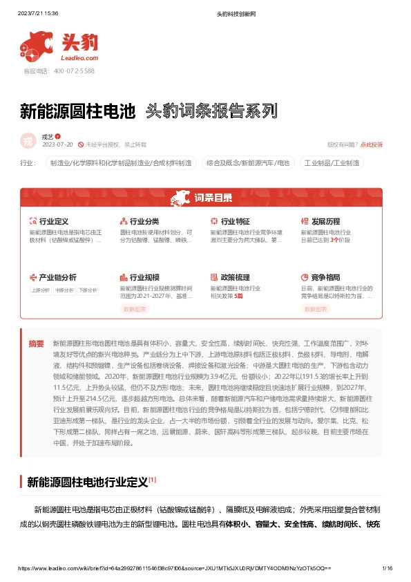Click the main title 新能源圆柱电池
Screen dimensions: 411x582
[77, 111]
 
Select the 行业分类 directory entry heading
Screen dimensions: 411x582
[144, 222]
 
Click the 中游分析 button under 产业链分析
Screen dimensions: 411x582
[64, 290]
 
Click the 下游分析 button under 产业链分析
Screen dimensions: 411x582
[87, 290]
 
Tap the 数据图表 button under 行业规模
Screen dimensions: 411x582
[135, 309]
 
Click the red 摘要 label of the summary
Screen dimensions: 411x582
[36, 343]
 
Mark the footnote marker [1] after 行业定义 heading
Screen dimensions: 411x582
[153, 479]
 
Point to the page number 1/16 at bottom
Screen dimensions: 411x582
[387, 567]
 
